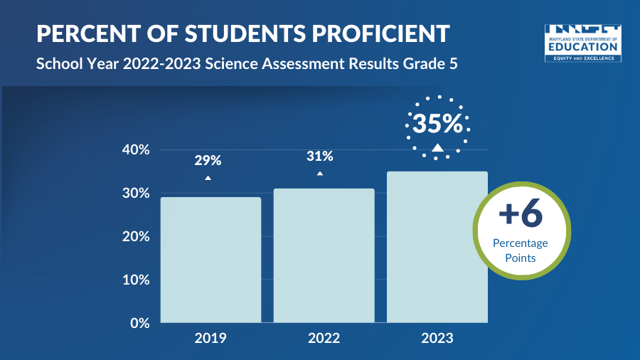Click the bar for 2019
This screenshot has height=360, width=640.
[210, 260]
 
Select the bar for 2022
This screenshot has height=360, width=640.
[324, 255]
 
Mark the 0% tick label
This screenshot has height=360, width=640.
[138, 323]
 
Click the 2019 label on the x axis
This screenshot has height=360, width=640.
[210, 338]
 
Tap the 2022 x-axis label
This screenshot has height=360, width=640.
[324, 338]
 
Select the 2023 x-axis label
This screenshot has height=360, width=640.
[437, 338]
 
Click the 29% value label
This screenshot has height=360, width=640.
[208, 160]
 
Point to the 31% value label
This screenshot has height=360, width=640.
[319, 157]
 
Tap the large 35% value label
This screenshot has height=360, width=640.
[437, 124]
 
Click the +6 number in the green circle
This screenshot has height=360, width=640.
[521, 214]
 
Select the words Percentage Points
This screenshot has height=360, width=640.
[521, 250]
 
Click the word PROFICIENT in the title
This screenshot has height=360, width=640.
[369, 33]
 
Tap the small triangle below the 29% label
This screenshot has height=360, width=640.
[208, 177]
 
